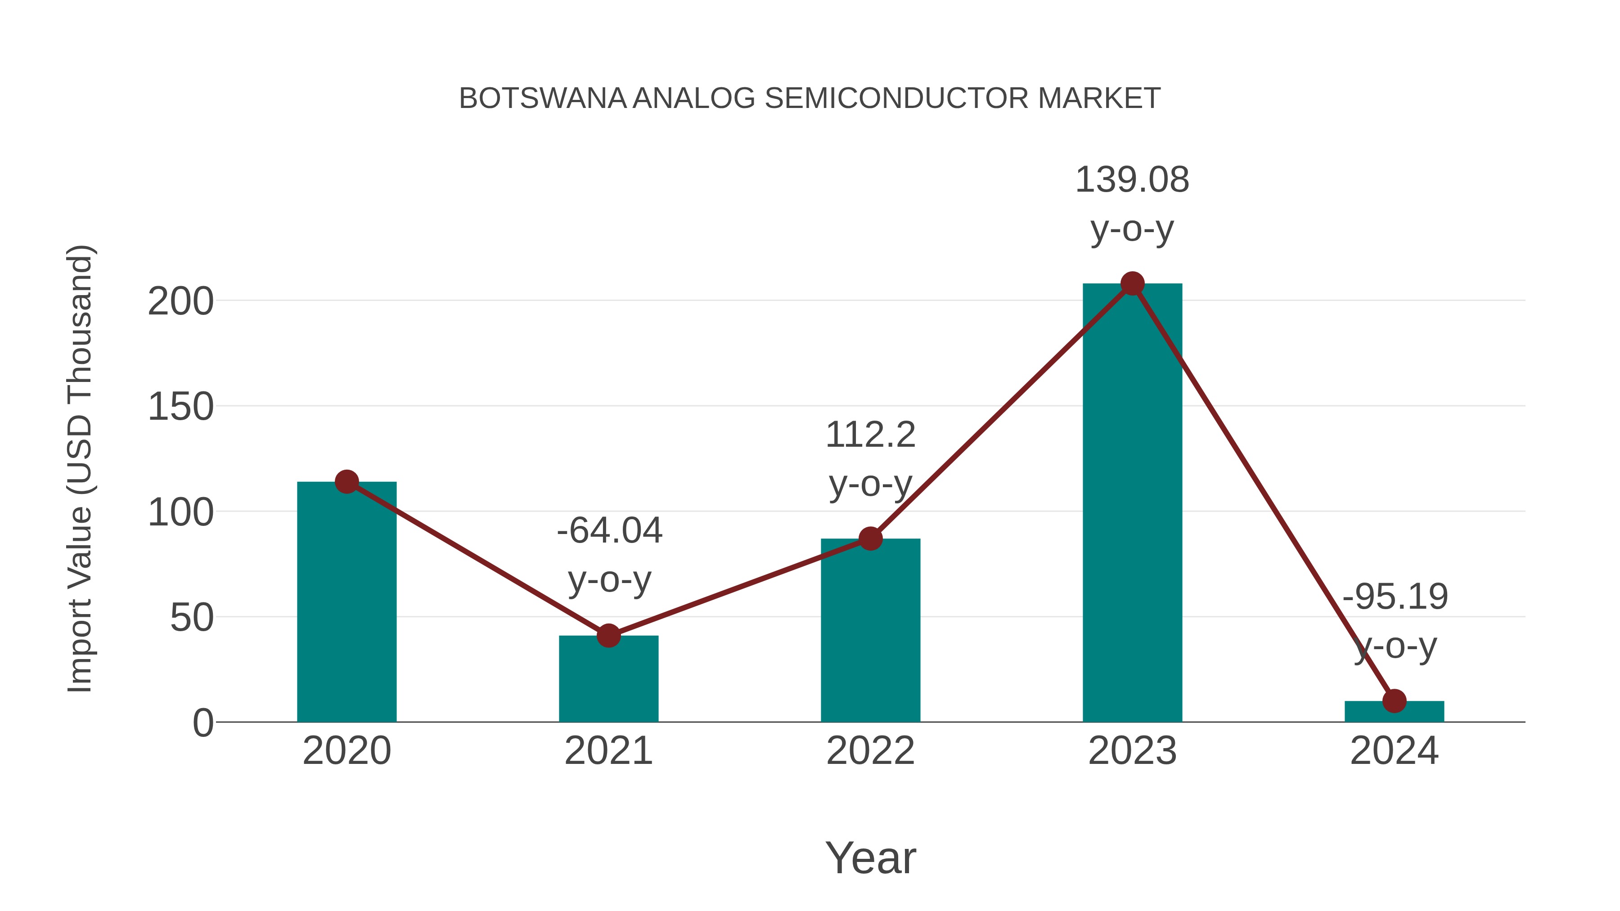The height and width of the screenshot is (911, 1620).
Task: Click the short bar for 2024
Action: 1394,712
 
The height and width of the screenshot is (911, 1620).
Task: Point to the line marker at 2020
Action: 346,482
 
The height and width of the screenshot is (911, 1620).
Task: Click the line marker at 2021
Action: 608,636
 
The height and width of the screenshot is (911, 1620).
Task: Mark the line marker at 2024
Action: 1394,700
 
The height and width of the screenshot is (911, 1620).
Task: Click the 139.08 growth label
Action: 1132,180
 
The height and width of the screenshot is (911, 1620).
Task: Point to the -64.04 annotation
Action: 609,531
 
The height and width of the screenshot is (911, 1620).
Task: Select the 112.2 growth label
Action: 870,435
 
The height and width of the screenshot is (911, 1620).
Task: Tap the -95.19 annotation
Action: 1395,597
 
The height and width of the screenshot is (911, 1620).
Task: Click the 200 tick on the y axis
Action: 180,302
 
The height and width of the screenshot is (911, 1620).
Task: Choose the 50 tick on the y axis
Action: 192,618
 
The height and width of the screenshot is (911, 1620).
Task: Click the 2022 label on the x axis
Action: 870,751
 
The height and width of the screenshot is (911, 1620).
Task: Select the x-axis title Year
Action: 870,858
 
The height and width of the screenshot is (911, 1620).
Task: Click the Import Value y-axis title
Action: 81,468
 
